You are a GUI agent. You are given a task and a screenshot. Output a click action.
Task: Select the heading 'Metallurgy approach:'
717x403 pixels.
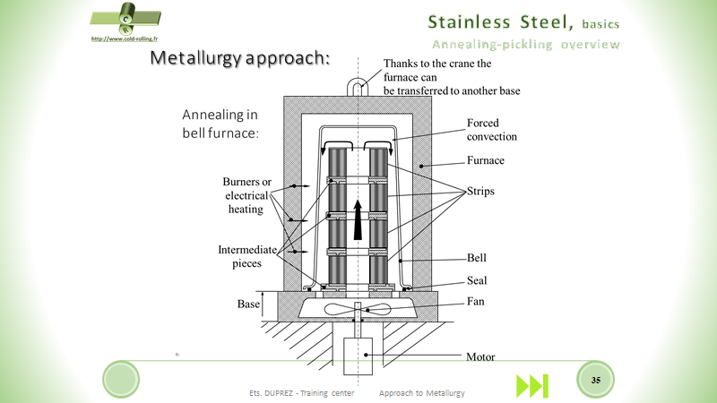tap(240, 59)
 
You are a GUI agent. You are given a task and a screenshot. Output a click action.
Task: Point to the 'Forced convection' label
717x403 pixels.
tap(491, 130)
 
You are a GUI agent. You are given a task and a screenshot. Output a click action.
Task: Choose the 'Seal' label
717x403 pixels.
tap(478, 280)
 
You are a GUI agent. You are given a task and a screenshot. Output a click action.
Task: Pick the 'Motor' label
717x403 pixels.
tap(481, 356)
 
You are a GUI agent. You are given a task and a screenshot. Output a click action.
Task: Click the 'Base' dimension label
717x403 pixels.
tap(248, 304)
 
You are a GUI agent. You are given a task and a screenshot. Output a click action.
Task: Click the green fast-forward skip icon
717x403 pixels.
tap(531, 385)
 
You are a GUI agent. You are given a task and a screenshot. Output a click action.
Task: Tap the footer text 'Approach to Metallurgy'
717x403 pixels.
tap(422, 393)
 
